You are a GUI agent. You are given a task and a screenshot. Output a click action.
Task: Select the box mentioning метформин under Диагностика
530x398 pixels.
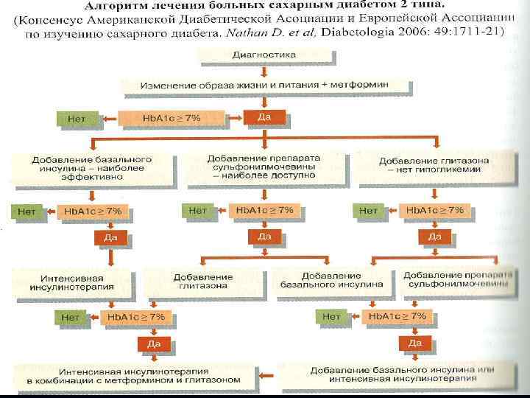point(266,85)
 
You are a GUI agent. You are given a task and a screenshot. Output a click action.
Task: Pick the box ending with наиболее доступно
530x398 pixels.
point(263,167)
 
